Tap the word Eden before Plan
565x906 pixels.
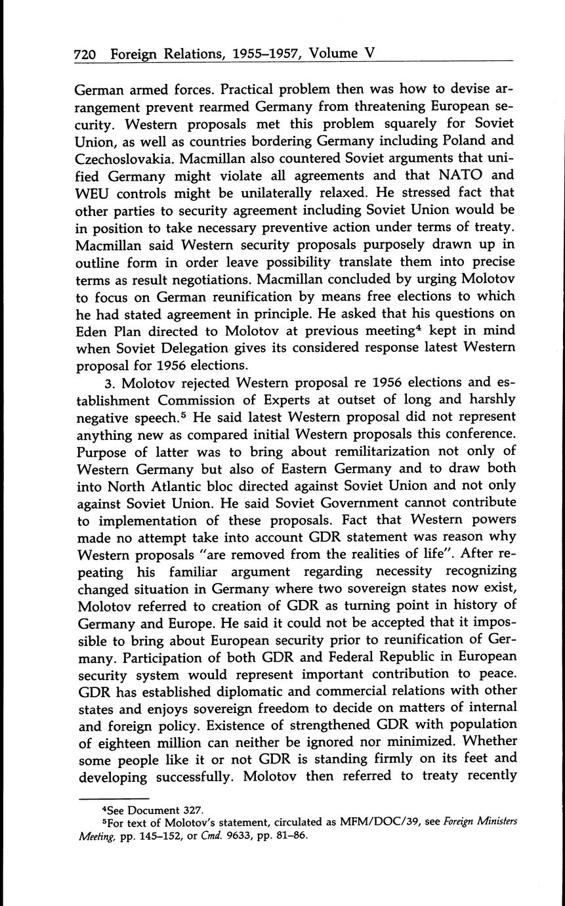pos(94,330)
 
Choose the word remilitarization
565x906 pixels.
pos(341,450)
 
